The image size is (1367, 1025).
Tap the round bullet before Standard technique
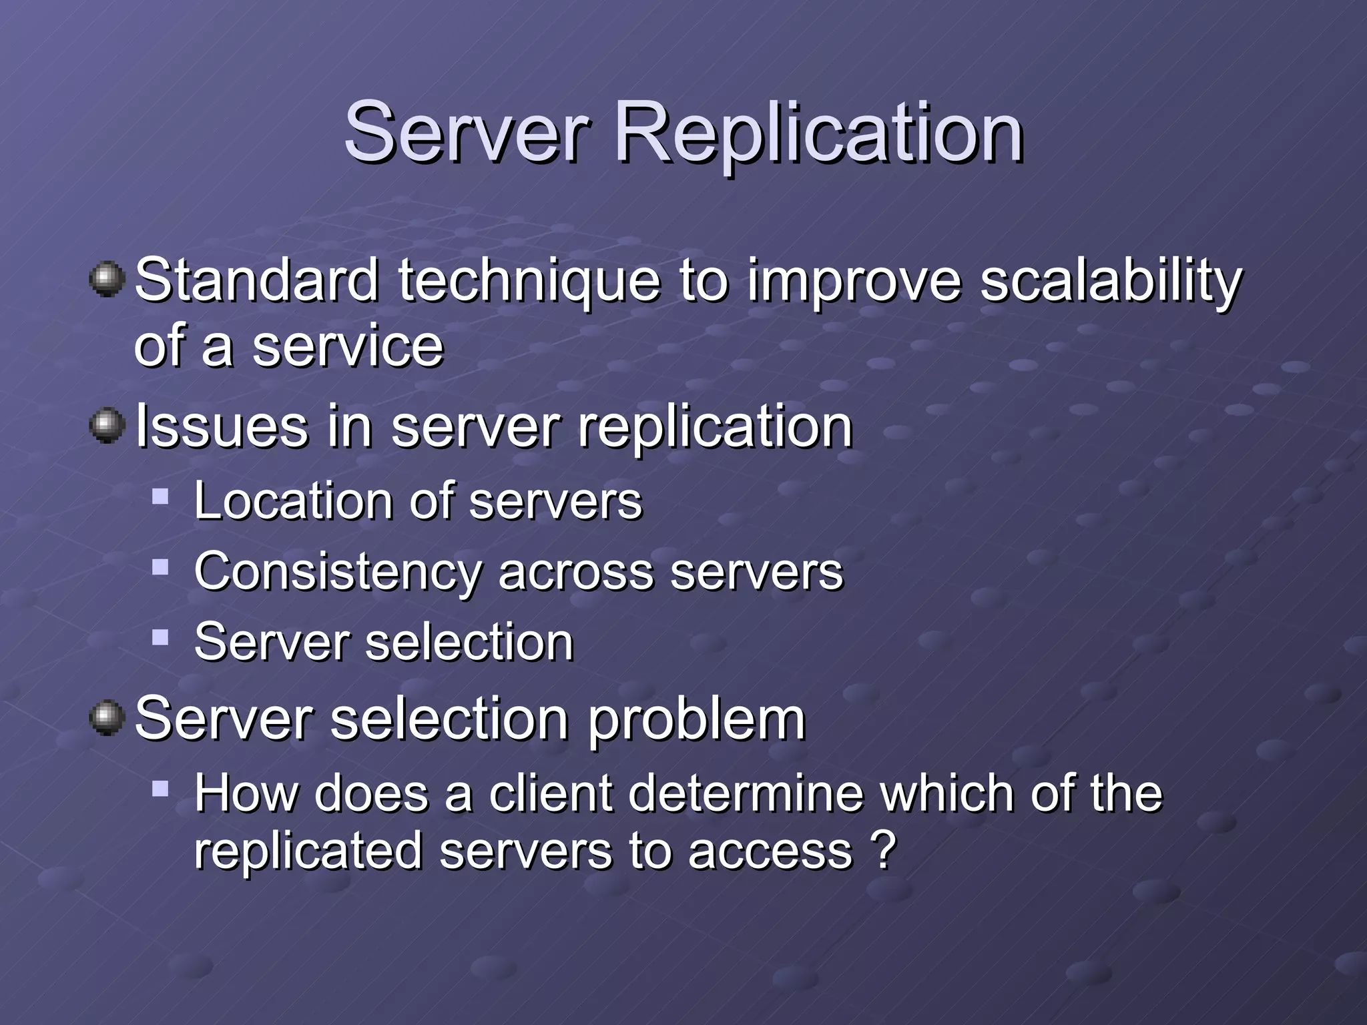pos(107,280)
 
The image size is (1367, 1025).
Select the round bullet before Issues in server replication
pos(107,426)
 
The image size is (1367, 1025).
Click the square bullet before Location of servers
pos(160,496)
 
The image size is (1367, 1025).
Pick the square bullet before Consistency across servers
pos(160,568)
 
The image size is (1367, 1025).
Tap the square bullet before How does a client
pos(160,790)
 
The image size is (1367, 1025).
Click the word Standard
pos(258,281)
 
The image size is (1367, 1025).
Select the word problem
pos(697,721)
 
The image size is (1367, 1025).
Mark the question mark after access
pos(883,850)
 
